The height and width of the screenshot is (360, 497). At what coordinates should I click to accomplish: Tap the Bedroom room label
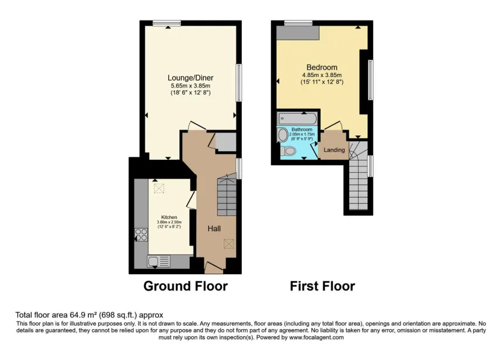[x=321, y=67]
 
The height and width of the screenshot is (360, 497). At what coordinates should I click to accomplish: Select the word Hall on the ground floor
[x=214, y=229]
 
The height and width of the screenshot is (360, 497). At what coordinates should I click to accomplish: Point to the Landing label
[x=335, y=150]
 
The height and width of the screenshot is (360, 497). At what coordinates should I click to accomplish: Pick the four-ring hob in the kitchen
[x=141, y=235]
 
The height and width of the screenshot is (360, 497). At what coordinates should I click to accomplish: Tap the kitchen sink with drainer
[x=158, y=261]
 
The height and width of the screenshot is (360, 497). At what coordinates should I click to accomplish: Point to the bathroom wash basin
[x=283, y=135]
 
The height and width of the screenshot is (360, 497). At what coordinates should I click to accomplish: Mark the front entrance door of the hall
[x=214, y=267]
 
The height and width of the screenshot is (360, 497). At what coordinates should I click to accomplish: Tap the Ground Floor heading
[x=185, y=286]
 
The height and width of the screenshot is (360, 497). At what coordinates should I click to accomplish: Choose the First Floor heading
[x=322, y=286]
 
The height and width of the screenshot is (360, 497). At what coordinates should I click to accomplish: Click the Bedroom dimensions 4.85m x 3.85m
[x=321, y=75]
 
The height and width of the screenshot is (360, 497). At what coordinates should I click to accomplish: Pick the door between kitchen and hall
[x=191, y=200]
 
